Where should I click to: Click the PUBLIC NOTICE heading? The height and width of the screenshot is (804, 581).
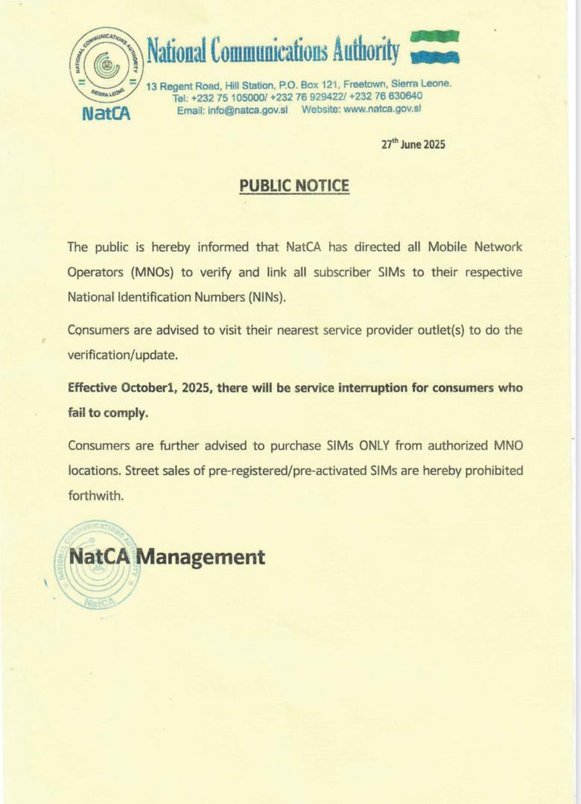pyautogui.click(x=293, y=185)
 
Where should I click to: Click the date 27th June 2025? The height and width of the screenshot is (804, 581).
pyautogui.click(x=413, y=145)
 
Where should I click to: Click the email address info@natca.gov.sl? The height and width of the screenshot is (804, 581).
pyautogui.click(x=232, y=109)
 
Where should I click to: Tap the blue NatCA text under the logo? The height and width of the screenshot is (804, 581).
pyautogui.click(x=105, y=115)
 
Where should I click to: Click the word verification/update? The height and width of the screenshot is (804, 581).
pyautogui.click(x=123, y=355)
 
